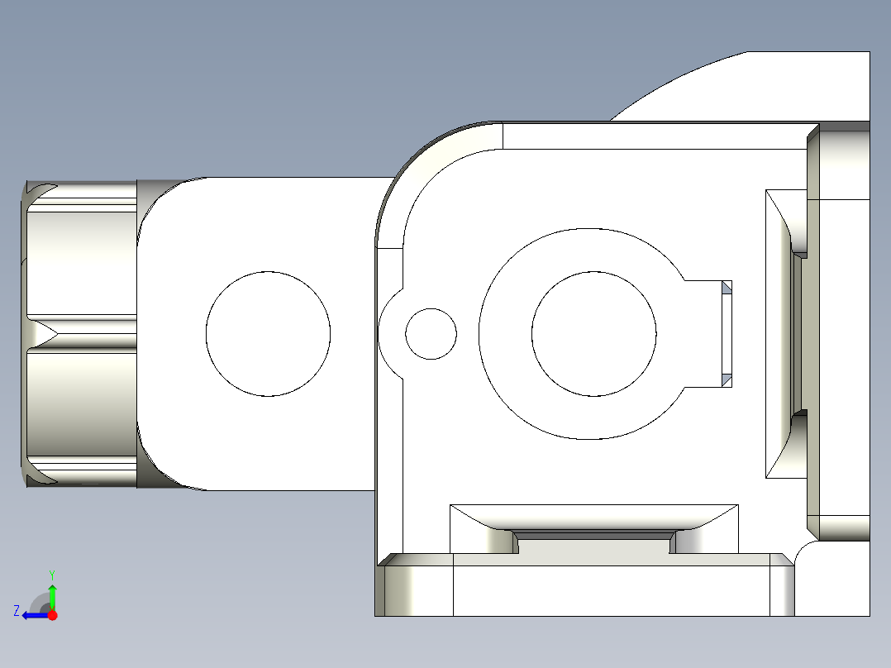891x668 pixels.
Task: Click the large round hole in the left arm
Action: (x=268, y=333)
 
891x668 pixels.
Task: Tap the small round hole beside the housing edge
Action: (x=431, y=334)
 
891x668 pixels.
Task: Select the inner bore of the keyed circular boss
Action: (x=594, y=334)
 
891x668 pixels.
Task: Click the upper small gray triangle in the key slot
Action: (x=727, y=288)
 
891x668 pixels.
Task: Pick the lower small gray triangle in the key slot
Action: (x=727, y=379)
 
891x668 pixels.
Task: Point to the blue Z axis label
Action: (x=17, y=611)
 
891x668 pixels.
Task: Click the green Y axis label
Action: (x=52, y=574)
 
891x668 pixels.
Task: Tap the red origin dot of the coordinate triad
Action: (x=53, y=615)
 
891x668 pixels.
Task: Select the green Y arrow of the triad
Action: (x=53, y=595)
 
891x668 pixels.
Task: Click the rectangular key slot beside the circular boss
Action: (x=709, y=334)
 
